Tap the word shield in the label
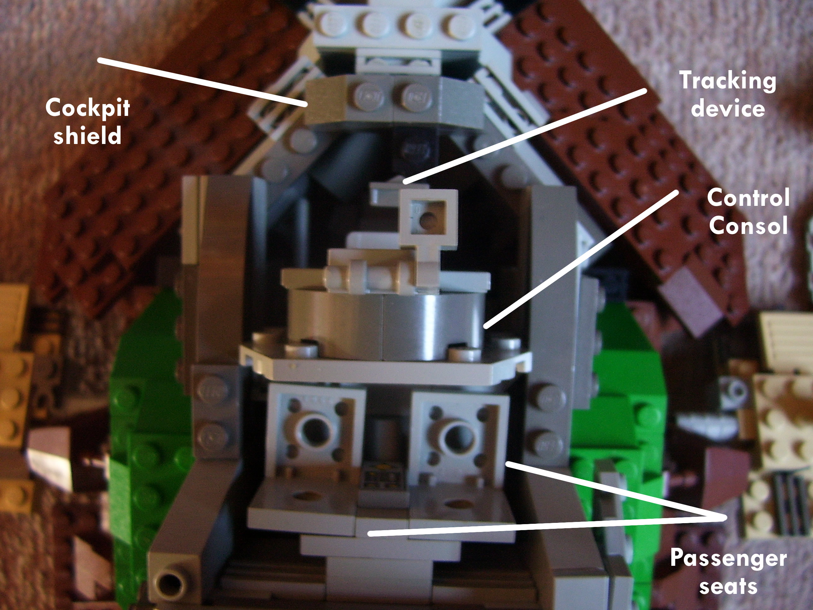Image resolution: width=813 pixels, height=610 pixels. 87,135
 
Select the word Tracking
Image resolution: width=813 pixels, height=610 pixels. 727,81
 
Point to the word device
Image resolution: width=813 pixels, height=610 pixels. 728,109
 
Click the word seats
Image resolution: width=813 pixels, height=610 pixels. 728,586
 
